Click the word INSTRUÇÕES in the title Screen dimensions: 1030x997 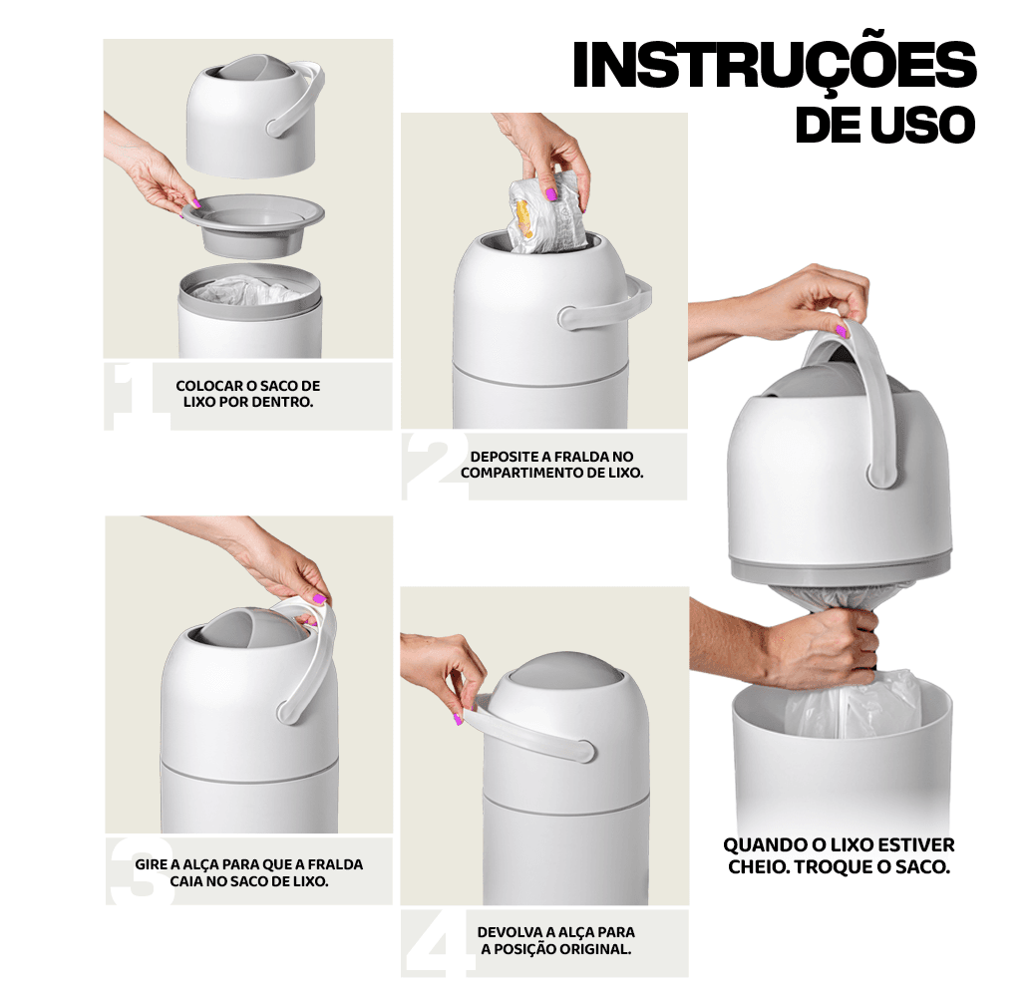tap(775, 65)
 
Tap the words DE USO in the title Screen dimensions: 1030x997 tap(885, 125)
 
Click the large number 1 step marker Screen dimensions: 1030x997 tap(135, 396)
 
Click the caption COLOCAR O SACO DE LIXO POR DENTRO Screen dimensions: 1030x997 tap(248, 394)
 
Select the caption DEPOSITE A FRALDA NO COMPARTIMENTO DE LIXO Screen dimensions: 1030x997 tap(551, 465)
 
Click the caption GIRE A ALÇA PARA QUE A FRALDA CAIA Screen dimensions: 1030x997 tap(249, 872)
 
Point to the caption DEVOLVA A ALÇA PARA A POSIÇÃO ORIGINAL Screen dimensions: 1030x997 tap(555, 940)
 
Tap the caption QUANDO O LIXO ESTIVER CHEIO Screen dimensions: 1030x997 tap(839, 855)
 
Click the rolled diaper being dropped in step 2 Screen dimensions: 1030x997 tap(547, 212)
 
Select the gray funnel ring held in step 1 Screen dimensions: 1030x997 tap(253, 224)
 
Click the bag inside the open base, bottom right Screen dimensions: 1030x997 tap(854, 705)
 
